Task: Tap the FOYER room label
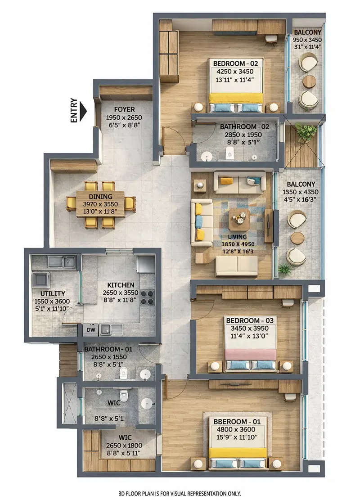[x=124, y=109]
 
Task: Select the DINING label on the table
[x=100, y=197]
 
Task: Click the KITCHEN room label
[x=120, y=285]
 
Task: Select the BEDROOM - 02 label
[x=235, y=63]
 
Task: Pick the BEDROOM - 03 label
[x=250, y=320]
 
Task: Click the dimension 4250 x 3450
[x=235, y=71]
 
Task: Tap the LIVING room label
[x=237, y=237]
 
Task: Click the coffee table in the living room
[x=239, y=219]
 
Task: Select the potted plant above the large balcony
[x=306, y=132]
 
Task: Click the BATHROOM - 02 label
[x=244, y=127]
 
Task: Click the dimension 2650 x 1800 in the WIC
[x=120, y=445]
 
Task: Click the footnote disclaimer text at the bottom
[x=180, y=493]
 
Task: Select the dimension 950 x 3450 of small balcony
[x=308, y=39]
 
